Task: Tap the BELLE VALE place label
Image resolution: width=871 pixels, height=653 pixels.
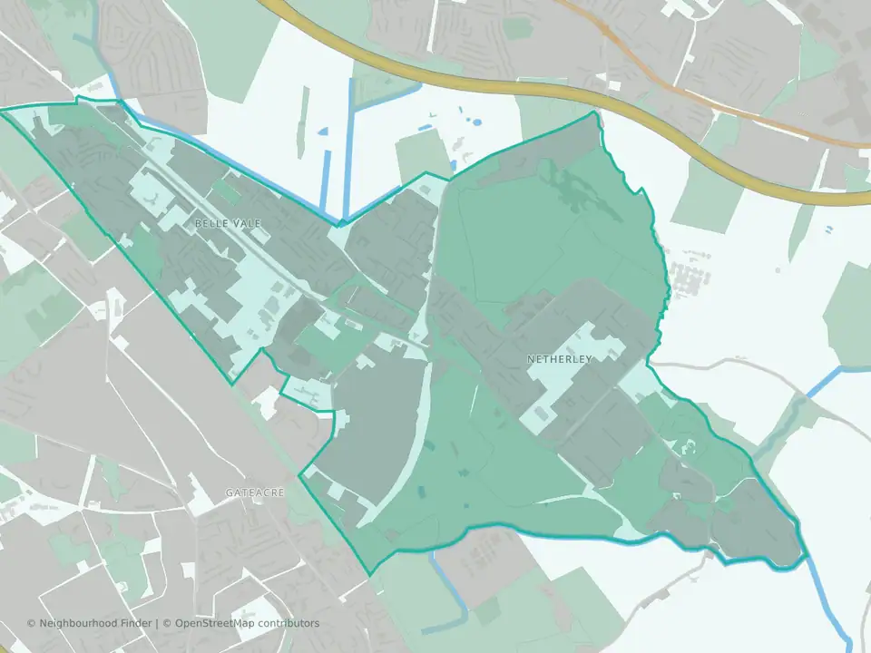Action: click(x=216, y=222)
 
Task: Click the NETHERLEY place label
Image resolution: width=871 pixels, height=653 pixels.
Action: click(x=559, y=359)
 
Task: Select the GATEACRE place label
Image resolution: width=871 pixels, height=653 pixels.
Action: click(x=255, y=492)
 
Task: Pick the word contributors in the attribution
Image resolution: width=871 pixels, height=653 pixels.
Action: click(x=289, y=623)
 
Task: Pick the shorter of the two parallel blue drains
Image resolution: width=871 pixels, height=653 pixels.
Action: click(x=327, y=177)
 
